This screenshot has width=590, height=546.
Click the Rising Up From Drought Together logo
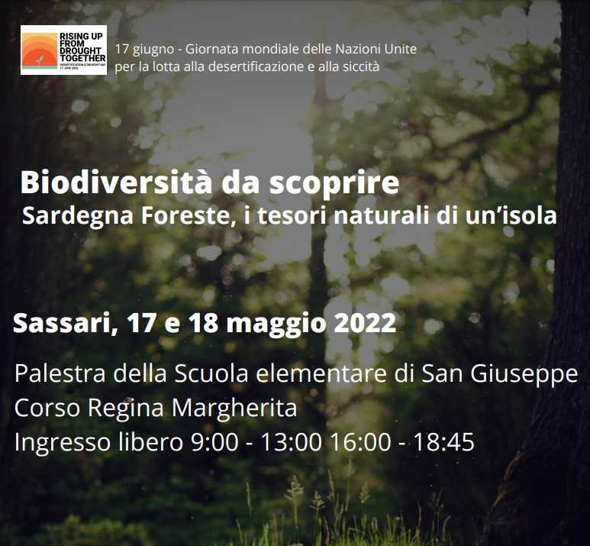[63, 50]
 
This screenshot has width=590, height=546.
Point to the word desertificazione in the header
[216, 66]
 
